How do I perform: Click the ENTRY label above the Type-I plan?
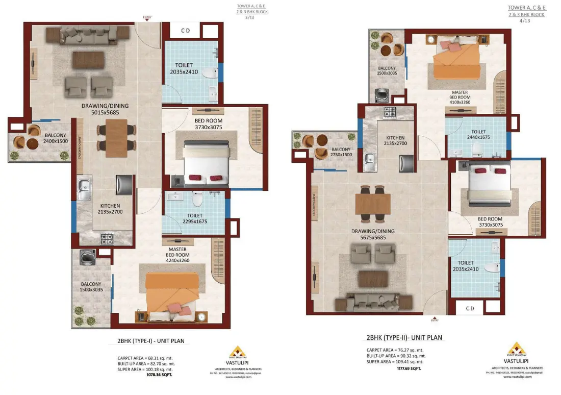(x=147, y=18)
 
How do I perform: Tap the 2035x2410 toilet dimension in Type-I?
(x=184, y=72)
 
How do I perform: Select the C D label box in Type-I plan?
(x=186, y=31)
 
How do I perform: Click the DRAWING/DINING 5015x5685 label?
(x=105, y=109)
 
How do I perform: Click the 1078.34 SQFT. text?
(x=160, y=374)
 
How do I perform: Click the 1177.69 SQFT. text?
(x=410, y=367)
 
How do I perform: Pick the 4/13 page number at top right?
(x=524, y=21)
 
